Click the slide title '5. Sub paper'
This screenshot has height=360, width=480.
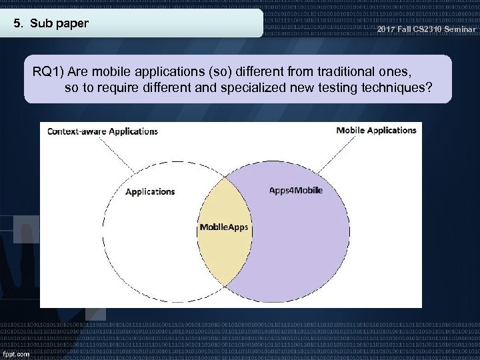pos(51,24)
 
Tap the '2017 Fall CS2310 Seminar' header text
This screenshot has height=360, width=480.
pos(426,29)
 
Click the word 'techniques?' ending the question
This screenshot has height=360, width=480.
pos(404,87)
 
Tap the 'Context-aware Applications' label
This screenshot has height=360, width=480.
pos(103,131)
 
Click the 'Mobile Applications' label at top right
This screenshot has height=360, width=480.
pos(376,131)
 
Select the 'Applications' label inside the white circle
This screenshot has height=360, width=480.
pos(150,191)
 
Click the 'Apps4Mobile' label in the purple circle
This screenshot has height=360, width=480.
pos(295,190)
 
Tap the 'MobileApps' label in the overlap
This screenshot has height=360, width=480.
pos(224,227)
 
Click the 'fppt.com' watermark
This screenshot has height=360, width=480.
pos(15,353)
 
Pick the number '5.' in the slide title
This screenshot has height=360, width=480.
pos(19,24)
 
